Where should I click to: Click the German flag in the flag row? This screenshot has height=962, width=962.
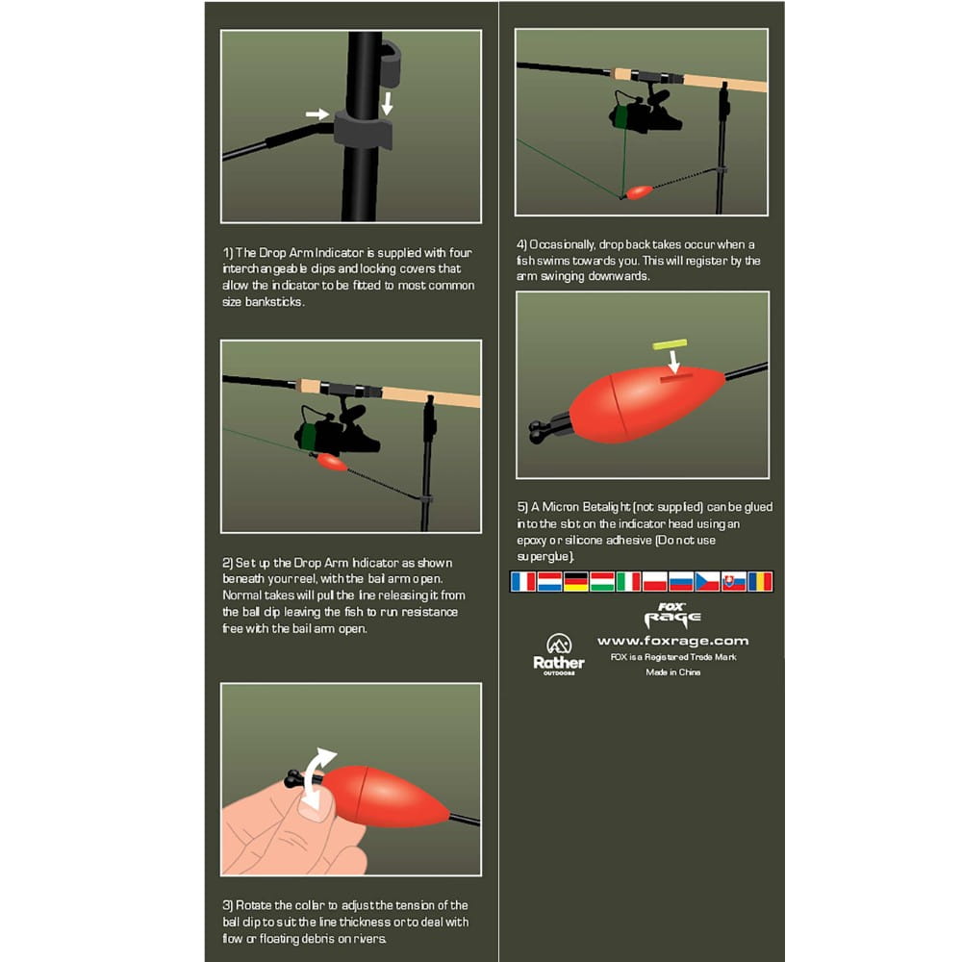pos(575,581)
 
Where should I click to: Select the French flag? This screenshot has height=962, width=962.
pos(523,581)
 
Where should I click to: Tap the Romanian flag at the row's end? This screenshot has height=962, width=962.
pos(760,581)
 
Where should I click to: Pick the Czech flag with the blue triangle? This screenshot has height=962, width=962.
pos(707,581)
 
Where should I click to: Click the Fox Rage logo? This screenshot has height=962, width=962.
pos(672,616)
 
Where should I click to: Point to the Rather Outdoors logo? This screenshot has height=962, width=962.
pos(559,654)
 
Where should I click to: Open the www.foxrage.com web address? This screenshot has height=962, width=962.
pos(673,641)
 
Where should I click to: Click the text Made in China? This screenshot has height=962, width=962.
pos(673,672)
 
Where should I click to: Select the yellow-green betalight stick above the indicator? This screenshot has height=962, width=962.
pos(670,344)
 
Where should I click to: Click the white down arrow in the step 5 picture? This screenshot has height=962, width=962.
pos(674,362)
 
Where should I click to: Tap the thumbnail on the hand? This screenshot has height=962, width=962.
pos(316,807)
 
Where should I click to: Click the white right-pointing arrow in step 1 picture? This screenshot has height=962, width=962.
pos(317,114)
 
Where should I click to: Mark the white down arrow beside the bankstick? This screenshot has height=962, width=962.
pos(387,104)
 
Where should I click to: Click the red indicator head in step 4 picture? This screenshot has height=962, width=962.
pos(639,192)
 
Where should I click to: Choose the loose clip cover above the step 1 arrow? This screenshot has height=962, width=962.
pos(390,63)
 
